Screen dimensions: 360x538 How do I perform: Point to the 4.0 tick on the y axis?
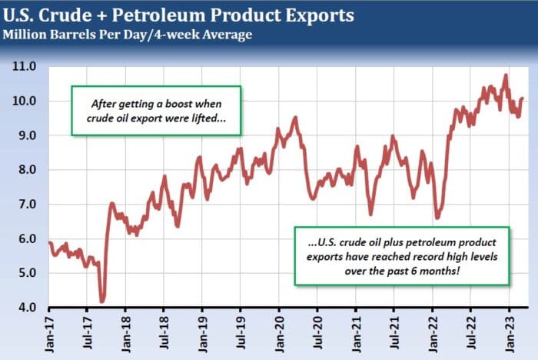(x=26, y=308)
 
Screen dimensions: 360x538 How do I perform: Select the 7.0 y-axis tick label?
(x=26, y=205)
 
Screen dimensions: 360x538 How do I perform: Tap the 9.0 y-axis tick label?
(x=26, y=135)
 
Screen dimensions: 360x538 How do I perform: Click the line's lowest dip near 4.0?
(x=102, y=300)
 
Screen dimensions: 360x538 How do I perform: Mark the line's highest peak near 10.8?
(x=505, y=75)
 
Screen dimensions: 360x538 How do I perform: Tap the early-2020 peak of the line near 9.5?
(x=295, y=118)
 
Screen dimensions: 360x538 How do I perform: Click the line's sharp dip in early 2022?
(x=437, y=217)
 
